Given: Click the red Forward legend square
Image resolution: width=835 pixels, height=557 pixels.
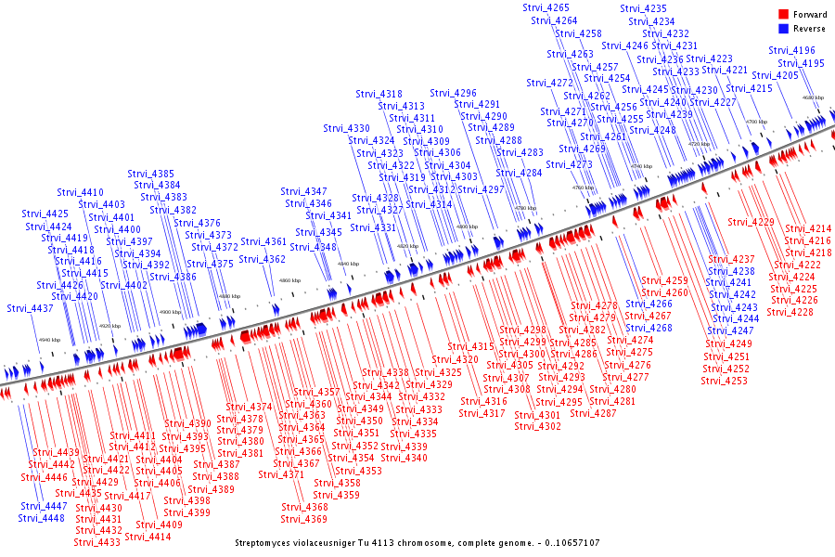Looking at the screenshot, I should tap(783, 15).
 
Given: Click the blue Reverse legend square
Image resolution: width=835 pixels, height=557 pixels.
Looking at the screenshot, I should tap(783, 29).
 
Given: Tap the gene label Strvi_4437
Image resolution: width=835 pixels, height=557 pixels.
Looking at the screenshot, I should tap(30, 308).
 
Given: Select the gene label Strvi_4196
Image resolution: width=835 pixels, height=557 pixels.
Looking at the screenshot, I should tap(792, 51).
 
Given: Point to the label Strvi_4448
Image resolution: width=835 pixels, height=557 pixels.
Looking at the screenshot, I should tap(42, 518).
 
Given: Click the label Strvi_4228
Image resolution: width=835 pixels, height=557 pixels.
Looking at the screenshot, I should tap(790, 312).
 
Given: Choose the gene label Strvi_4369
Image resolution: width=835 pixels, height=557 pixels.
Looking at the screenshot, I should tap(304, 519).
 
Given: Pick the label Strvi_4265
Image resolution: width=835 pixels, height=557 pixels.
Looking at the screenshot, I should tap(546, 8).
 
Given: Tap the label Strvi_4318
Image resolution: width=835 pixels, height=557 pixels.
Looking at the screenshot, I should tap(379, 94).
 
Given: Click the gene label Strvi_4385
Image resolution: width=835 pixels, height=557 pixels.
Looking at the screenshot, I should tap(151, 174).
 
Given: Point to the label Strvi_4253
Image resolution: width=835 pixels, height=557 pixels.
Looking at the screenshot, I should tap(724, 381).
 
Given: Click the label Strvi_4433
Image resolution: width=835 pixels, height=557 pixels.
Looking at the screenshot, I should tap(97, 543).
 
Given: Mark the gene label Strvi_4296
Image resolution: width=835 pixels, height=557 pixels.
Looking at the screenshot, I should tap(454, 93).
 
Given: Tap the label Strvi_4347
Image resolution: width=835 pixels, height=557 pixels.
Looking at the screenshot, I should tap(304, 191).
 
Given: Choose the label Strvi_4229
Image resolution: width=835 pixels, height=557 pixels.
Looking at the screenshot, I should tap(751, 222).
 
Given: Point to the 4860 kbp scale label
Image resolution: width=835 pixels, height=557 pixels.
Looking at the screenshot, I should tap(290, 280).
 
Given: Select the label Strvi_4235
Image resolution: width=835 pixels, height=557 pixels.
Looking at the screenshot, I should tap(643, 8).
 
